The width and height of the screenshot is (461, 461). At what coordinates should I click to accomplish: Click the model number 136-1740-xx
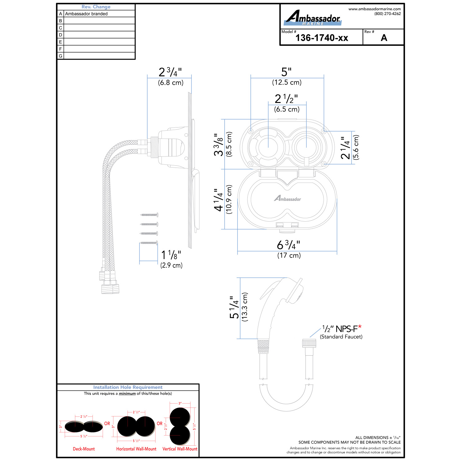322,38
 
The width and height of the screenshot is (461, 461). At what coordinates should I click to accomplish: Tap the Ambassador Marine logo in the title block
313,18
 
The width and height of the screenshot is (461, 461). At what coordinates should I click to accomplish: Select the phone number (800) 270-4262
388,14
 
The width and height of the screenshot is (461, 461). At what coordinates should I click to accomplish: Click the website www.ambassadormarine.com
375,9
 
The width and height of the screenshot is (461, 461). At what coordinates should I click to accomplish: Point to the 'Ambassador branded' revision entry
86,14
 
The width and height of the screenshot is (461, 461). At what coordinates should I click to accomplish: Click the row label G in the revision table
61,56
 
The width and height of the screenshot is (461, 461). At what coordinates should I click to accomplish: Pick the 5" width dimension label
286,72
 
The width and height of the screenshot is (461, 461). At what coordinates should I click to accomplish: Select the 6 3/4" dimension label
289,245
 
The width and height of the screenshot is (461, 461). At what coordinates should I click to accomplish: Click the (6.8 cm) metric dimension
171,82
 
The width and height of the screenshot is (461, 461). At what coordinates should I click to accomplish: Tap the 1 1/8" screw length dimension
171,255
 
